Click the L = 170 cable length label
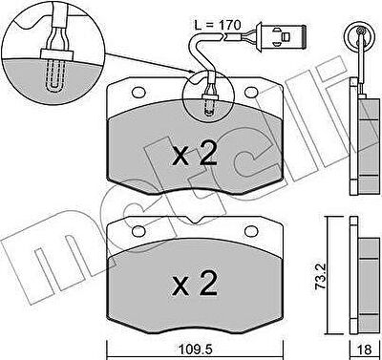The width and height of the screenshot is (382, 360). point(218,25)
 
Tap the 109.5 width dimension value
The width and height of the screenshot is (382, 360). point(195,349)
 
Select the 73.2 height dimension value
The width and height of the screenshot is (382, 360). point(321,276)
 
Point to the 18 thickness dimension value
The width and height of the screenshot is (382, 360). point(365,349)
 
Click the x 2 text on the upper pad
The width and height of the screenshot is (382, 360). point(195,154)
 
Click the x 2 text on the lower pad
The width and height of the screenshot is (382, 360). point(195,284)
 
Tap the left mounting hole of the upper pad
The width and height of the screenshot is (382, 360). point(138,93)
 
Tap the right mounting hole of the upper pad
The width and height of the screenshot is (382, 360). point(251,93)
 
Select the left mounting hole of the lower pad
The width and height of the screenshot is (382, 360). point(138,231)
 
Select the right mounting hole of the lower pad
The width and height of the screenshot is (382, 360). point(251,231)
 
